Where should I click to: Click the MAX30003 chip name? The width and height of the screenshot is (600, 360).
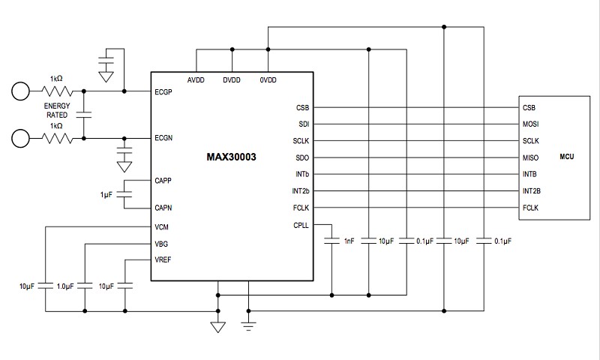click(231, 157)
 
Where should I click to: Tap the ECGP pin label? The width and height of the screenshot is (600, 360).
click(163, 91)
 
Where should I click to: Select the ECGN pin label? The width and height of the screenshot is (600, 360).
click(163, 138)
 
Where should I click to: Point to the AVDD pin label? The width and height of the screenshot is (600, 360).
click(196, 80)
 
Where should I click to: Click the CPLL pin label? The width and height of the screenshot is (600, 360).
click(301, 225)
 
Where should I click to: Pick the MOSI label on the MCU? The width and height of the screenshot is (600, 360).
click(531, 124)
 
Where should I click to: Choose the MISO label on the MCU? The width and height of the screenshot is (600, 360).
click(531, 157)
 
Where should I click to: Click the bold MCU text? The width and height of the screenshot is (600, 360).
click(567, 157)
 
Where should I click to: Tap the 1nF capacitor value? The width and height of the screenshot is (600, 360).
click(349, 241)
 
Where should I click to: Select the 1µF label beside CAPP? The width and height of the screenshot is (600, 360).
click(106, 195)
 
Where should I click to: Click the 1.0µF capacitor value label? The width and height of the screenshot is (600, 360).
click(65, 286)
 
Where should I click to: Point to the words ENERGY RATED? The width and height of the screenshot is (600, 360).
click(57, 110)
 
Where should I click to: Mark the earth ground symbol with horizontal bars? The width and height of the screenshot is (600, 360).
click(248, 326)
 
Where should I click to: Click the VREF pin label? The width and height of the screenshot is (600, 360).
click(163, 259)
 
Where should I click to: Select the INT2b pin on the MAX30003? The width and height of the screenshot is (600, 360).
click(301, 191)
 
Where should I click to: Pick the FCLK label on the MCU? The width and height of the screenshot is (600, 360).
click(531, 208)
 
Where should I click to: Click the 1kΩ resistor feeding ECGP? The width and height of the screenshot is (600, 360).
click(57, 91)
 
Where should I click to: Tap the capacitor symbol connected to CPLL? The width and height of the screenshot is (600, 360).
click(331, 241)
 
